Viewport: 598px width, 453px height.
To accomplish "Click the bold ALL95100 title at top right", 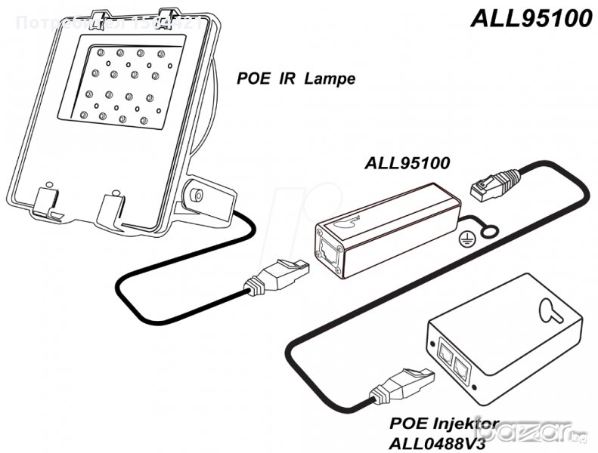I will click(x=531, y=18).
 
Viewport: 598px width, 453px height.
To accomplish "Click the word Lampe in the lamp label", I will click(x=330, y=78).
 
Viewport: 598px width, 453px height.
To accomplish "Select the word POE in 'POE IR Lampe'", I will click(x=252, y=78).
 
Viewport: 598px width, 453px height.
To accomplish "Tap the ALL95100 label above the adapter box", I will click(x=407, y=162).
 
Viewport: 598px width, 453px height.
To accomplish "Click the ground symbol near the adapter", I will click(x=466, y=237).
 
